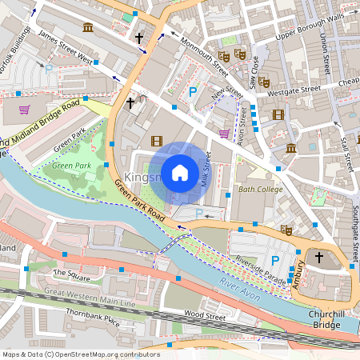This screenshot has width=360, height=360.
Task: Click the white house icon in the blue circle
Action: pos(180,172)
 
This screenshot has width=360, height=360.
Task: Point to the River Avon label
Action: pos(240,289)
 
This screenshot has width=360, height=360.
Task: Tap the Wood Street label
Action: pos(206,314)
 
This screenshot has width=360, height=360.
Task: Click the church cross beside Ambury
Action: pos(318,257)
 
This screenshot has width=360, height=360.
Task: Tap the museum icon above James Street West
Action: pos(87,27)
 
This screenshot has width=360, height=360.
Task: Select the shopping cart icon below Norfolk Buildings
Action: pos(24,110)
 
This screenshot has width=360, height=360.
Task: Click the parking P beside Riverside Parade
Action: pos(275,260)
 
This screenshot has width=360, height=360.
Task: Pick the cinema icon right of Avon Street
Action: pos(278,114)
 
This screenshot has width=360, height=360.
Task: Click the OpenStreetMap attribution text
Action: pos(80,354)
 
